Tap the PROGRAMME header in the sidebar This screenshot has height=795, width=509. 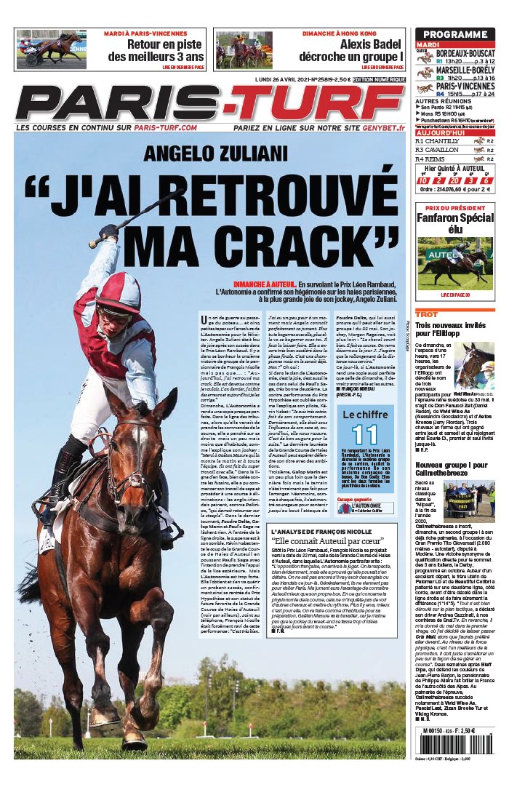coord(454,34)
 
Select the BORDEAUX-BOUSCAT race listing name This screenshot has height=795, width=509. coord(465,54)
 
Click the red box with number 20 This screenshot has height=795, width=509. coord(438,180)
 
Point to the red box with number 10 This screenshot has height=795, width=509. coord(422,180)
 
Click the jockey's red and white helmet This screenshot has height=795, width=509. coord(120,292)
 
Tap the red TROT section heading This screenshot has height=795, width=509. coord(427,313)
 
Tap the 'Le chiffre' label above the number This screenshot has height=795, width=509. coord(365,415)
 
